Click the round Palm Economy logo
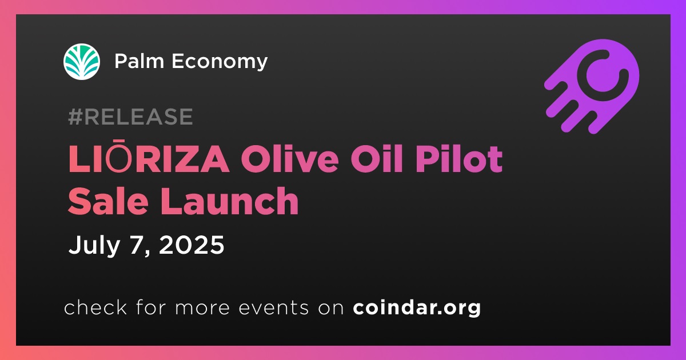pyautogui.click(x=82, y=62)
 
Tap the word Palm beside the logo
pyautogui.click(x=139, y=61)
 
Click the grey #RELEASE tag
pyautogui.click(x=130, y=117)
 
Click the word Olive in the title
pyautogui.click(x=290, y=159)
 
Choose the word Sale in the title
pyautogui.click(x=108, y=201)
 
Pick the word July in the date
pyautogui.click(x=94, y=246)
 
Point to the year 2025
pyautogui.click(x=192, y=245)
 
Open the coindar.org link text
pyautogui.click(x=417, y=307)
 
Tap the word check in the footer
pyautogui.click(x=95, y=307)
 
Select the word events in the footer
pyautogui.click(x=274, y=308)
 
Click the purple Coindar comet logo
pyautogui.click(x=592, y=86)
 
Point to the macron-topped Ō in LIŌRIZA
pyautogui.click(x=118, y=156)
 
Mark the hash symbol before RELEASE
pyautogui.click(x=75, y=117)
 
